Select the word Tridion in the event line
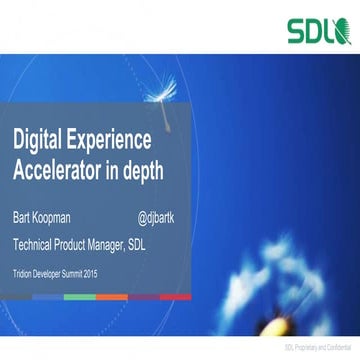coord(25,271)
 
